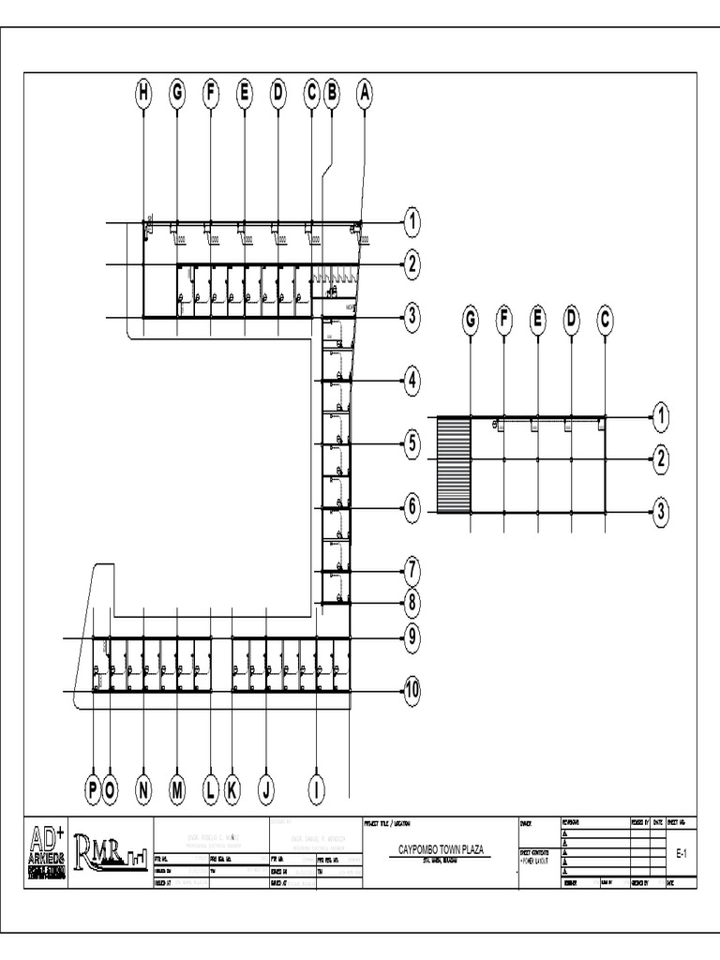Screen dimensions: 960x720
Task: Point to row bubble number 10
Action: tap(412, 692)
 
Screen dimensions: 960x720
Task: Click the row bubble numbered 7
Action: tap(412, 569)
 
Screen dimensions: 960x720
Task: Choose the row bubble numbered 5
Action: tap(412, 444)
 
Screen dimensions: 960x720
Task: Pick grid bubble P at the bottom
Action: tap(94, 791)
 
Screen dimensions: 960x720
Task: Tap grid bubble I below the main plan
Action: tap(317, 791)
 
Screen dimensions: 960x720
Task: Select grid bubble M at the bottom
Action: tap(177, 791)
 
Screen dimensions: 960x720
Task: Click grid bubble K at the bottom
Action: tap(232, 791)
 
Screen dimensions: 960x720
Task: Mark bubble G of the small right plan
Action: tap(471, 321)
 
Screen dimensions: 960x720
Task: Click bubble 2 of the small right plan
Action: tap(662, 459)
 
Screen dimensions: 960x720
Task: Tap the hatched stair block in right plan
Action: tap(453, 465)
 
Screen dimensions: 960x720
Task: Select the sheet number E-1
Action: tap(682, 854)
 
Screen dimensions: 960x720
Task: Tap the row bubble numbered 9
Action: tap(412, 638)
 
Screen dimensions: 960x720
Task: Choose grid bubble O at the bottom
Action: tap(111, 791)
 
